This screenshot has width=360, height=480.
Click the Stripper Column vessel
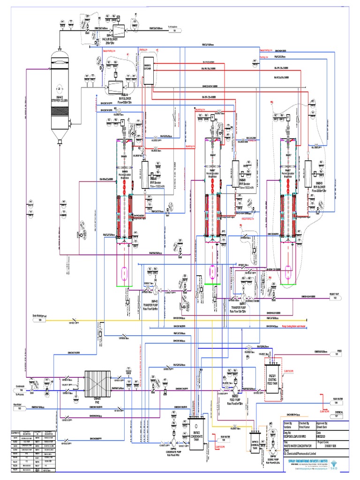coord(60,94)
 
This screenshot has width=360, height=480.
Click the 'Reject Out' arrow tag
coord(335,298)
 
